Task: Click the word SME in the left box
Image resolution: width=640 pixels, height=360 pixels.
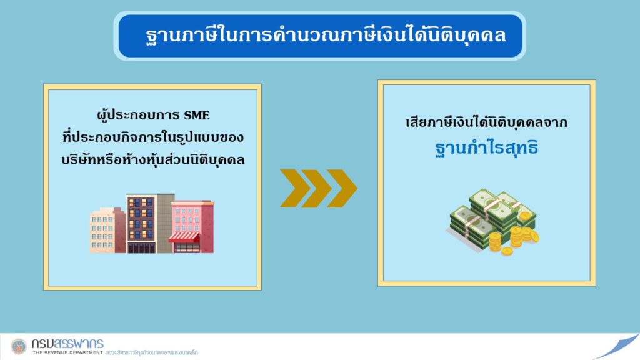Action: point(196,116)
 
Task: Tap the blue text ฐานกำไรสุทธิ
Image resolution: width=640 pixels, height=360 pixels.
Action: point(486,147)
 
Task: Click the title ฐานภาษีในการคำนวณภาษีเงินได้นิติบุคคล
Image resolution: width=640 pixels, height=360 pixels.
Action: point(326,35)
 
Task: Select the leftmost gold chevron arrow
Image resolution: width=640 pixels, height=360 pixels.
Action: point(296,188)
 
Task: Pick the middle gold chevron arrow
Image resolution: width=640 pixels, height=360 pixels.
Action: point(318,188)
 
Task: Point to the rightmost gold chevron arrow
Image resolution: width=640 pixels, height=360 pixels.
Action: point(342,188)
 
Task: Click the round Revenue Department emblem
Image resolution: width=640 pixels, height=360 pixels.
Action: point(19,346)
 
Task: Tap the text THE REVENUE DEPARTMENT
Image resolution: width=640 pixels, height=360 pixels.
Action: point(67,352)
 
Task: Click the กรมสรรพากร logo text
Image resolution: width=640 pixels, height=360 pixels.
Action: point(67,343)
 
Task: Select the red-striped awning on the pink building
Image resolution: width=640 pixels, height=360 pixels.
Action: point(184,237)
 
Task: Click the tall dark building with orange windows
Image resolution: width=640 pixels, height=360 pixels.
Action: point(141,224)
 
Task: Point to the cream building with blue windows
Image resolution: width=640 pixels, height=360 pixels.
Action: point(103,231)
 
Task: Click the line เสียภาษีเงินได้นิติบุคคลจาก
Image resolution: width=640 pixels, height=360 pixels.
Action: point(486,122)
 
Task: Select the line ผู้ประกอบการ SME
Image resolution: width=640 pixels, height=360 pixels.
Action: point(154,115)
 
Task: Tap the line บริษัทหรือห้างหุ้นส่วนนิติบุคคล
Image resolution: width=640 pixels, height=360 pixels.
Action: point(153,159)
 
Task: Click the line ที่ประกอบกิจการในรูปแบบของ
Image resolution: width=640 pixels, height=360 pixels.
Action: point(153,137)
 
